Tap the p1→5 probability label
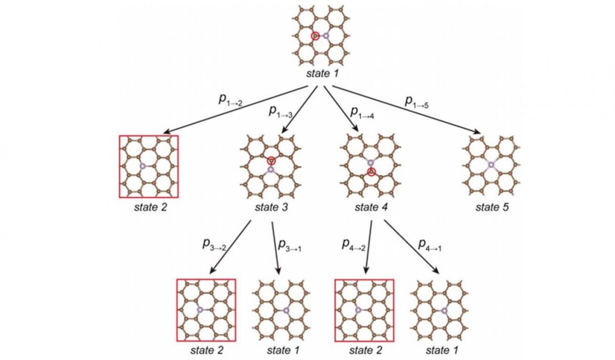(417, 102)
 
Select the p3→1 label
(290, 245)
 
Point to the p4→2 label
(353, 245)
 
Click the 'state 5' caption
(492, 207)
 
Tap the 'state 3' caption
(271, 207)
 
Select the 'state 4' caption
(371, 207)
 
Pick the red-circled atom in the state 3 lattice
(271, 161)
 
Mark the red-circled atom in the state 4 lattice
(371, 172)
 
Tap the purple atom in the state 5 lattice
(491, 165)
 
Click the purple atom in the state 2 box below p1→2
(143, 167)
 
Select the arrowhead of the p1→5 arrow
(479, 132)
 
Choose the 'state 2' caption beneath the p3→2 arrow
(207, 350)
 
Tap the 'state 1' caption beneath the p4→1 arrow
(442, 350)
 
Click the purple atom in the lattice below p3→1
(286, 311)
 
